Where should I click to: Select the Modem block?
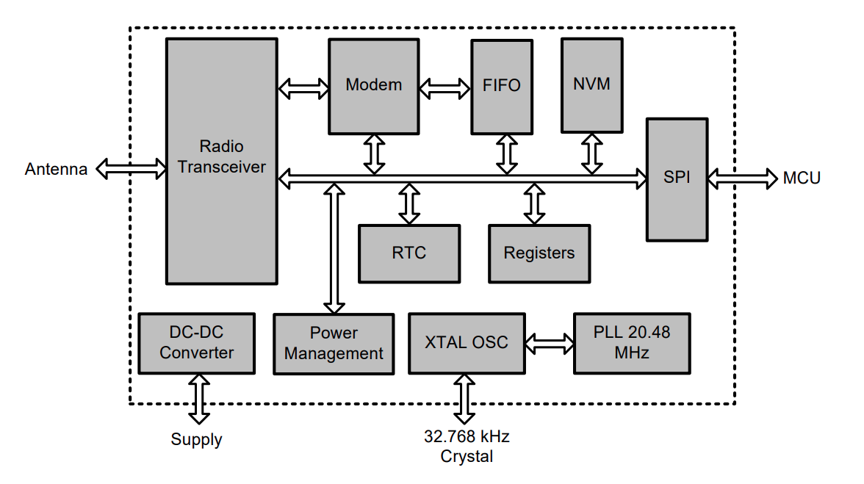374,85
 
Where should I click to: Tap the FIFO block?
502,87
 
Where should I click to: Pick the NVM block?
591,84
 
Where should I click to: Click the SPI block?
677,178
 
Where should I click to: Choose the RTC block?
408,253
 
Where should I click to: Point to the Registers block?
539,253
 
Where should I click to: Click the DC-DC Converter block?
196,343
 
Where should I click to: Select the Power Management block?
334,344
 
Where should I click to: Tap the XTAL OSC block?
467,343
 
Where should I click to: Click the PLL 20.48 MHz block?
632,343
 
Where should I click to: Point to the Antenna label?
56,170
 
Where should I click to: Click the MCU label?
802,178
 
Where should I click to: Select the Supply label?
196,440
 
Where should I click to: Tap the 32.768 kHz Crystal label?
467,446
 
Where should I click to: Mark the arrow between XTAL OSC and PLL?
550,343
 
